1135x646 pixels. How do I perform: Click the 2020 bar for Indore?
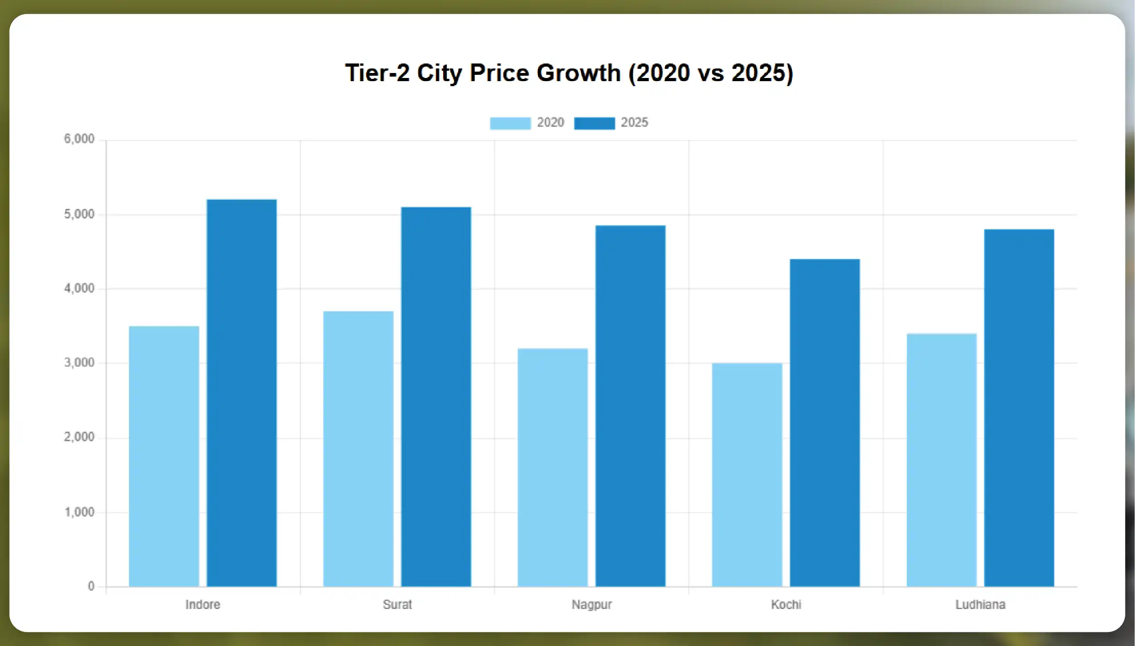[x=164, y=456]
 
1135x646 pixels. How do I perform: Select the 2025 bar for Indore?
[x=241, y=393]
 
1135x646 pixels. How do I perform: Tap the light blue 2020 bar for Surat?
[x=358, y=449]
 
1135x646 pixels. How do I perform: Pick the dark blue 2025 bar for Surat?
[x=436, y=397]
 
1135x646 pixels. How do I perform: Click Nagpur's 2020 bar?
[x=553, y=467]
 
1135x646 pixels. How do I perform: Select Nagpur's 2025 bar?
[x=630, y=406]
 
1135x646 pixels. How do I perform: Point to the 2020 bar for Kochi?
[x=747, y=475]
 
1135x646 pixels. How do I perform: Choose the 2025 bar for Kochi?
[x=825, y=423]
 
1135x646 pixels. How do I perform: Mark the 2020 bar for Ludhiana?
[x=942, y=460]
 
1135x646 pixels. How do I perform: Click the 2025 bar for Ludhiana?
[x=1019, y=408]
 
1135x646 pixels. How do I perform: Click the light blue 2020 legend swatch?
[x=510, y=123]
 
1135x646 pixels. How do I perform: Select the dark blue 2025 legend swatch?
[x=594, y=123]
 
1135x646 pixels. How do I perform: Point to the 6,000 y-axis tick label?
[x=79, y=139]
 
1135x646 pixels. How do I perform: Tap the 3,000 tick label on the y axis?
[x=79, y=363]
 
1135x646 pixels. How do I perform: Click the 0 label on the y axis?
[x=91, y=586]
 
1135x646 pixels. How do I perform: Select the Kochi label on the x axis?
[x=786, y=604]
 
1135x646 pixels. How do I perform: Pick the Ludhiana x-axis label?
[x=980, y=604]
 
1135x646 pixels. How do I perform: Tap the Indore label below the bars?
[x=203, y=604]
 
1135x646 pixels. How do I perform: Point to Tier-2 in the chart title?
[x=377, y=73]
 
